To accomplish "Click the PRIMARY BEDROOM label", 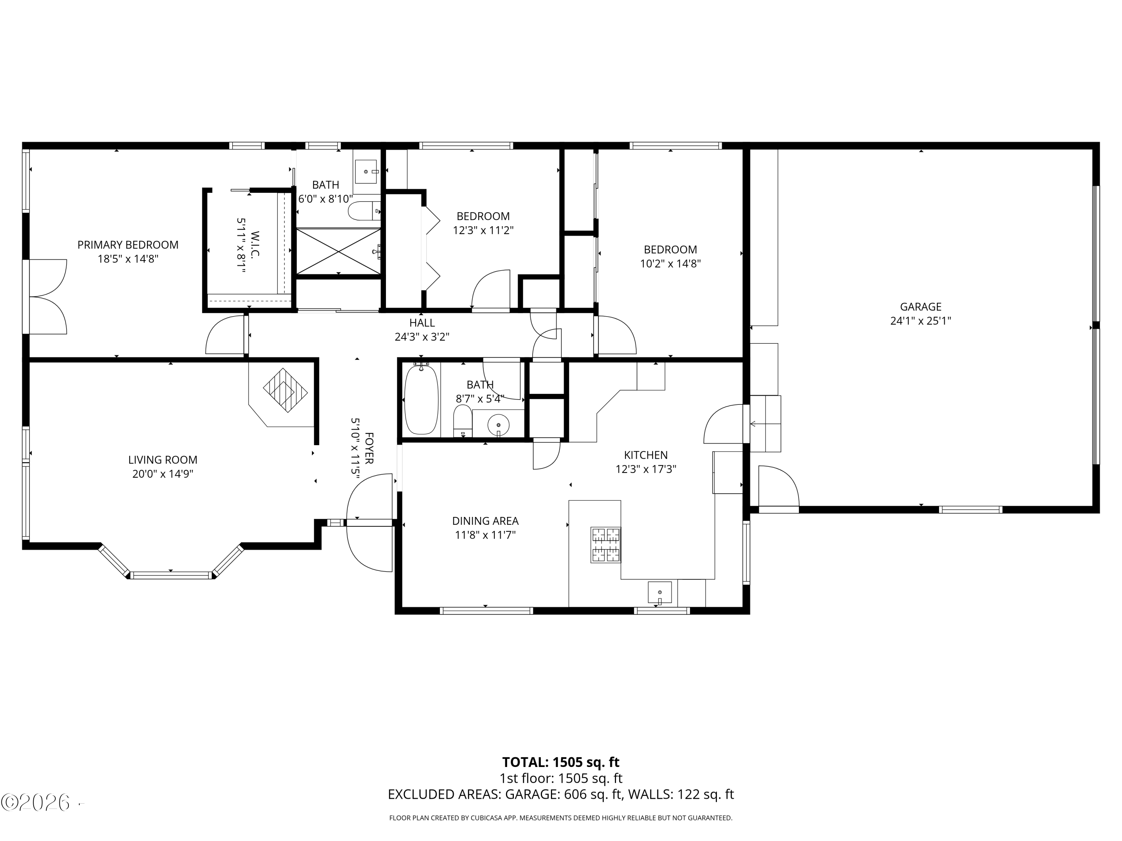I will [x=128, y=245].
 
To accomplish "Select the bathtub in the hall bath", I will [x=421, y=400].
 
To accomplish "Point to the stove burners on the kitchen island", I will [x=606, y=545].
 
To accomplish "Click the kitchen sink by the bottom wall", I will [x=659, y=592].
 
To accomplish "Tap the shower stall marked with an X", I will [x=338, y=252].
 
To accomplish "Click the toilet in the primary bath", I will [x=363, y=211].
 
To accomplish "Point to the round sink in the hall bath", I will [x=498, y=425].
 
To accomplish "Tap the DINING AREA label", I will [x=485, y=521].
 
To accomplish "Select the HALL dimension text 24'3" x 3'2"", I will [x=421, y=337].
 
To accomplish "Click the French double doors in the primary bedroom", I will [x=47, y=296].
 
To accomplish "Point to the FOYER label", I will [x=369, y=448].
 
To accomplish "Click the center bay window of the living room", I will [x=171, y=575].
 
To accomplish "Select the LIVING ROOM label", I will [x=162, y=460].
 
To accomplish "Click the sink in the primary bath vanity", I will [x=366, y=171].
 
